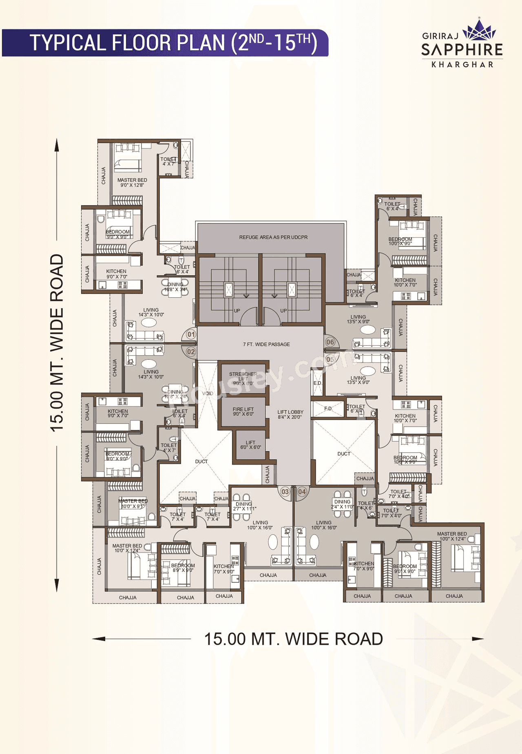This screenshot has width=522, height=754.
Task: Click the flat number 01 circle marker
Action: [x=191, y=334]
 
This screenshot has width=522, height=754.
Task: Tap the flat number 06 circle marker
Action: [x=330, y=342]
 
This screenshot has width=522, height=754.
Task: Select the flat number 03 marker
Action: [x=285, y=492]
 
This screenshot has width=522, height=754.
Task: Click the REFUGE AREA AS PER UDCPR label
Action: [x=273, y=237]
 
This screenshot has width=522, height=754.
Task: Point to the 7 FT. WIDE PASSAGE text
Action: [x=266, y=345]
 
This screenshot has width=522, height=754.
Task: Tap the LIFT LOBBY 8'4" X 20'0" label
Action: [x=290, y=414]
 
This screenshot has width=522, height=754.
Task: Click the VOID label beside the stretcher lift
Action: [x=208, y=394]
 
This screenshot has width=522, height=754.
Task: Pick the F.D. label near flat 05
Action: [x=328, y=408]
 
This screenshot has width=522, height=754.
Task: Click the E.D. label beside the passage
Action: [x=317, y=383]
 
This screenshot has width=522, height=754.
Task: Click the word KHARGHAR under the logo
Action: [x=462, y=64]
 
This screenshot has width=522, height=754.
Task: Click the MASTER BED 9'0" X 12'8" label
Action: [x=132, y=182]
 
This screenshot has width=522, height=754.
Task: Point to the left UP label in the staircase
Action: [x=237, y=311]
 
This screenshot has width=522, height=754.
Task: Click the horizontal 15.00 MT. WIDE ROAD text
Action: [x=293, y=639]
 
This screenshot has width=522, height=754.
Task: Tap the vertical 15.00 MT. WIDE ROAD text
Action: [x=57, y=343]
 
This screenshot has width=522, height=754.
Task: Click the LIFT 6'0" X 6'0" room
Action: [x=250, y=445]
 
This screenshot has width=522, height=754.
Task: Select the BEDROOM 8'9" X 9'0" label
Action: [x=183, y=568]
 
